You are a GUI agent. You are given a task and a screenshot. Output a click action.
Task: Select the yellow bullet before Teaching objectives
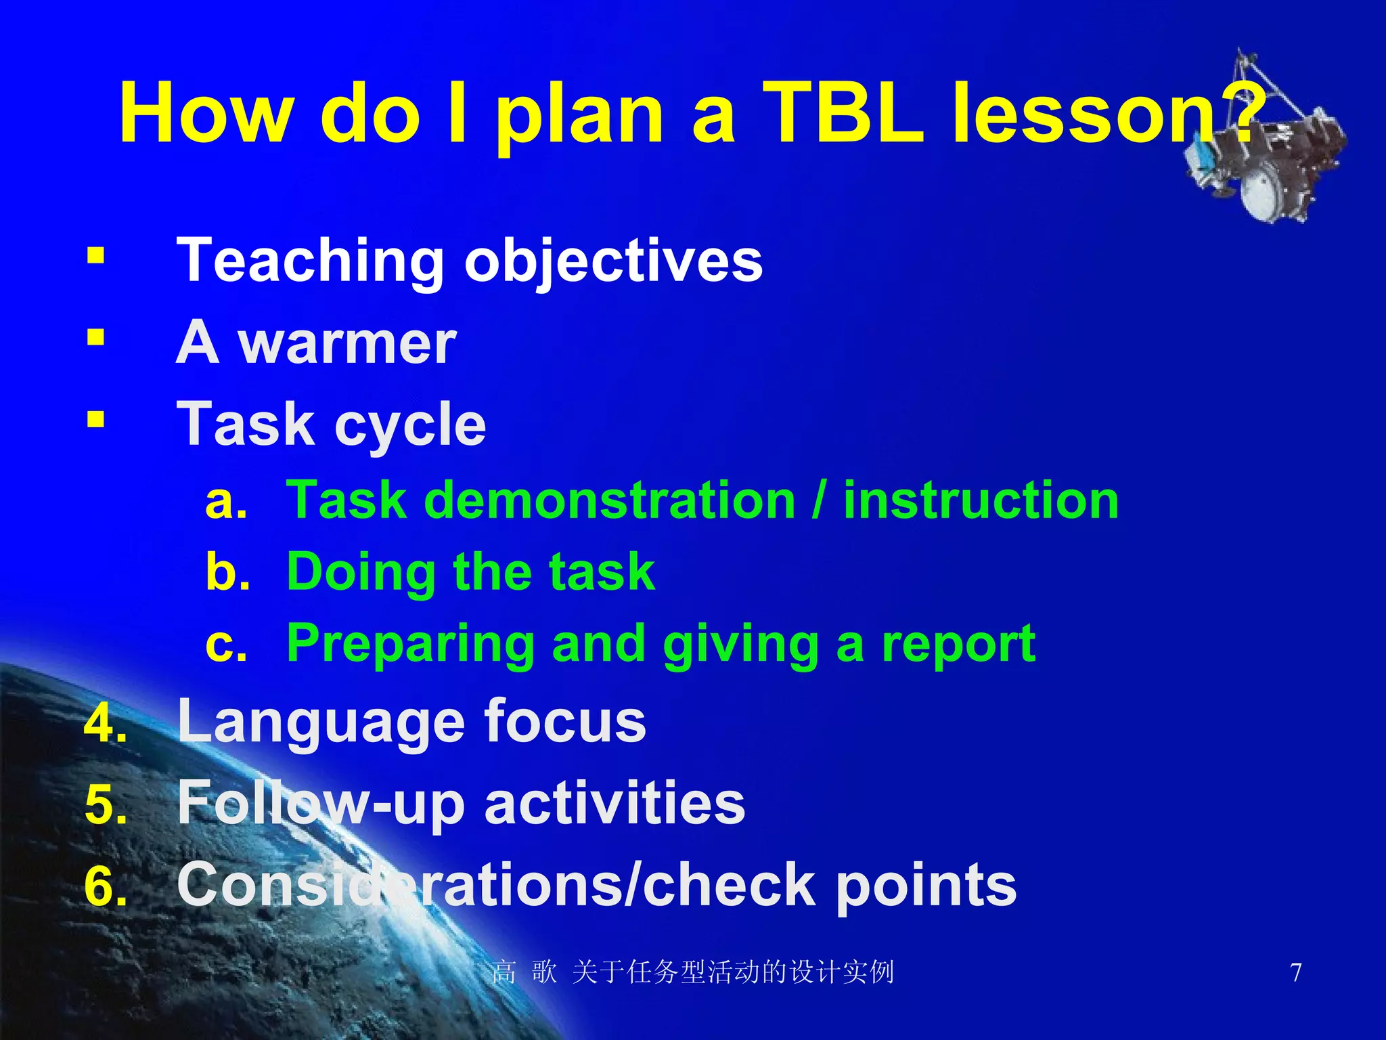[96, 257]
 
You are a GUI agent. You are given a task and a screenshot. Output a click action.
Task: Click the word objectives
[613, 263]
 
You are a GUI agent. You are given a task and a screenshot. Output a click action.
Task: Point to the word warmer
[347, 343]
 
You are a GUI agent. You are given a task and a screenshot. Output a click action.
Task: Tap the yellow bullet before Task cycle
[96, 420]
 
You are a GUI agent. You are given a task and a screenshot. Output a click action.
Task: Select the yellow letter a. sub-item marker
[226, 501]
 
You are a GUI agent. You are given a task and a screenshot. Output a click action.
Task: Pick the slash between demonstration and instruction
[820, 501]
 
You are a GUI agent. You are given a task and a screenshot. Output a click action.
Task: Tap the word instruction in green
[981, 501]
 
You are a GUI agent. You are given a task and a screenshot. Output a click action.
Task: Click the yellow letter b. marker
[227, 572]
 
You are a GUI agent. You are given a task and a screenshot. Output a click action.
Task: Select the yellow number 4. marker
[106, 724]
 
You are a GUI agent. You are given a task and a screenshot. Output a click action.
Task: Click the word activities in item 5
[614, 803]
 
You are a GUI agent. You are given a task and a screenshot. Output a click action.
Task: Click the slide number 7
[1295, 972]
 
